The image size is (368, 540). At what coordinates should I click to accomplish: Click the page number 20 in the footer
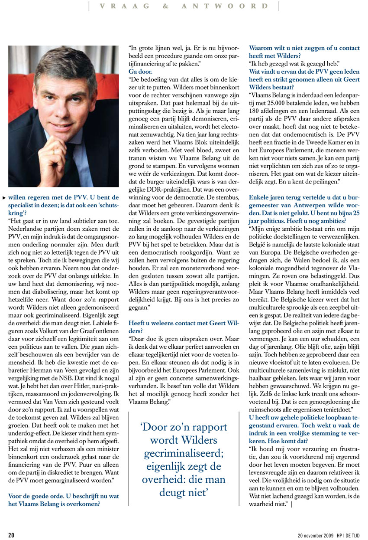coord(11,535)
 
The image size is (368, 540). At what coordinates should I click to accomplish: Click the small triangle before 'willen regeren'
coord(4,197)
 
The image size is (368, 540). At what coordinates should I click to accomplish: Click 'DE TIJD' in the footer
coord(352,535)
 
